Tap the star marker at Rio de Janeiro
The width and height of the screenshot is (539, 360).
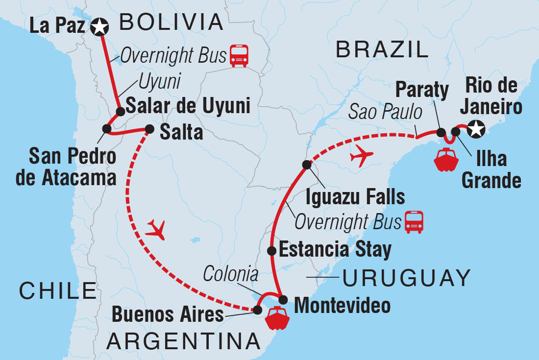pos(475,130)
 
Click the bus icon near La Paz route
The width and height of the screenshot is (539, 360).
pos(239,55)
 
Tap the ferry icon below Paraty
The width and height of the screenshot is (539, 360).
pos(446,159)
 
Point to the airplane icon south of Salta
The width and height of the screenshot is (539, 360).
pos(156,229)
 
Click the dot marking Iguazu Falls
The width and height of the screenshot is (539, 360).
pos(307,165)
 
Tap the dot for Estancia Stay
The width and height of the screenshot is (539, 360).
pos(271,251)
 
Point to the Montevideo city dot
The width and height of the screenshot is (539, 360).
pos(283,299)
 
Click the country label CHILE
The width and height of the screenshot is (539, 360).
pos(57,290)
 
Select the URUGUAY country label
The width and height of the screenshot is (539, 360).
pos(406,278)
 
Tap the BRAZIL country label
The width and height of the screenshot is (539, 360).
pos(382,50)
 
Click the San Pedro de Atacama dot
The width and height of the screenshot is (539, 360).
pos(107,129)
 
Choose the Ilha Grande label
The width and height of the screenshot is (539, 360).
pos(491,170)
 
